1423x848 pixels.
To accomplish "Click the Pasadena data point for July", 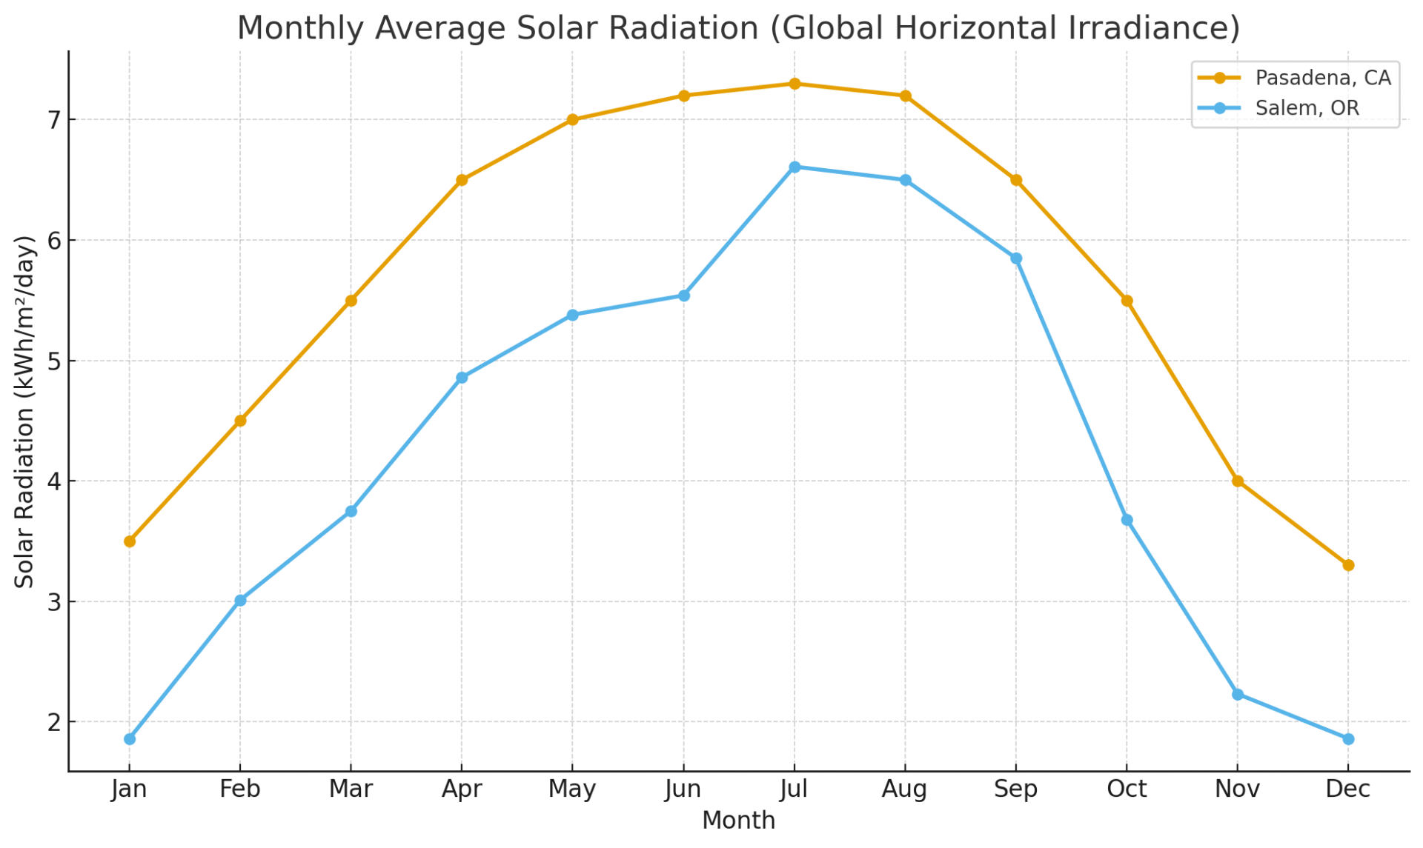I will tap(795, 84).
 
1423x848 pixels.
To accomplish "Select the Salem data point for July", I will tap(795, 167).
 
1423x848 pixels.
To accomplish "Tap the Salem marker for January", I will tap(130, 739).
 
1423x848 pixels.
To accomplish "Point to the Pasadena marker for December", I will tap(1348, 565).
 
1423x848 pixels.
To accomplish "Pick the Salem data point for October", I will tap(1127, 520).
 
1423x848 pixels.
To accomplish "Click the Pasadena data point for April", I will tap(462, 180).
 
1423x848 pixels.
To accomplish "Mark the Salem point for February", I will tap(240, 601).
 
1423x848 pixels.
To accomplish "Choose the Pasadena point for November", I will tap(1237, 481).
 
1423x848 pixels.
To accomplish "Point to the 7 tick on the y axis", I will tap(54, 120).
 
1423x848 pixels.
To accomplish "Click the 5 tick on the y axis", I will tap(54, 361).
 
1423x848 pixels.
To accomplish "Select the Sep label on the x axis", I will tap(1015, 789).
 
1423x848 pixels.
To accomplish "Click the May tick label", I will tap(572, 789).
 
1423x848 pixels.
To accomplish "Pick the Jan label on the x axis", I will tap(130, 789).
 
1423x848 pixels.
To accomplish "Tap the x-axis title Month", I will tap(738, 821).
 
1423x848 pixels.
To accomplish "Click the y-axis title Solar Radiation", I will tap(25, 412).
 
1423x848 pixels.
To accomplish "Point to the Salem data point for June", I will tap(683, 296).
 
